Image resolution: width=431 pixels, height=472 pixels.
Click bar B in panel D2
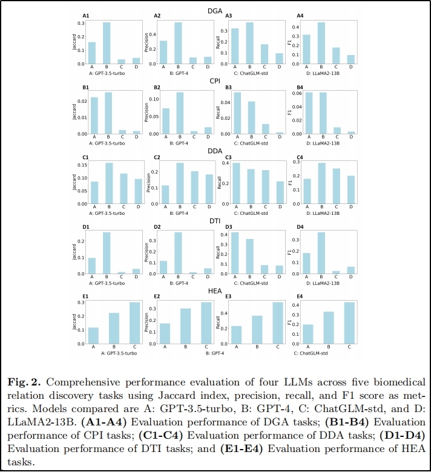tap(179, 253)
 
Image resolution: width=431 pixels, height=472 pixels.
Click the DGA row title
tap(215, 10)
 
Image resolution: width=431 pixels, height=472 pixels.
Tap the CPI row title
tap(215, 80)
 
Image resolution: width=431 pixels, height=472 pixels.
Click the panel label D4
tap(298, 228)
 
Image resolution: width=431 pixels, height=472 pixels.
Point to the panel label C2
tap(157, 158)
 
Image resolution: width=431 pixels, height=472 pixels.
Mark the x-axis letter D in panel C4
tap(349, 206)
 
